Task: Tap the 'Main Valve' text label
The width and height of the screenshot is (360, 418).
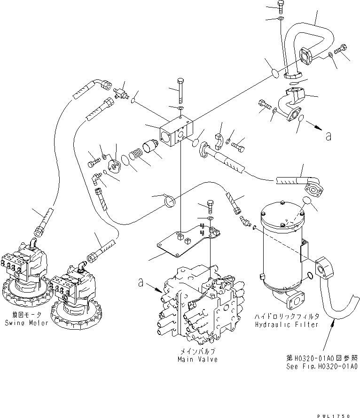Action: (197, 359)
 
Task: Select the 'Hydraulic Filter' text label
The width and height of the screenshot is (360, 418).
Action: (287, 325)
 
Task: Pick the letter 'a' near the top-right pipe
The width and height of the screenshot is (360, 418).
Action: (329, 136)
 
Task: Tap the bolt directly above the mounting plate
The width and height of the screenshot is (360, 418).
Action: (211, 206)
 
